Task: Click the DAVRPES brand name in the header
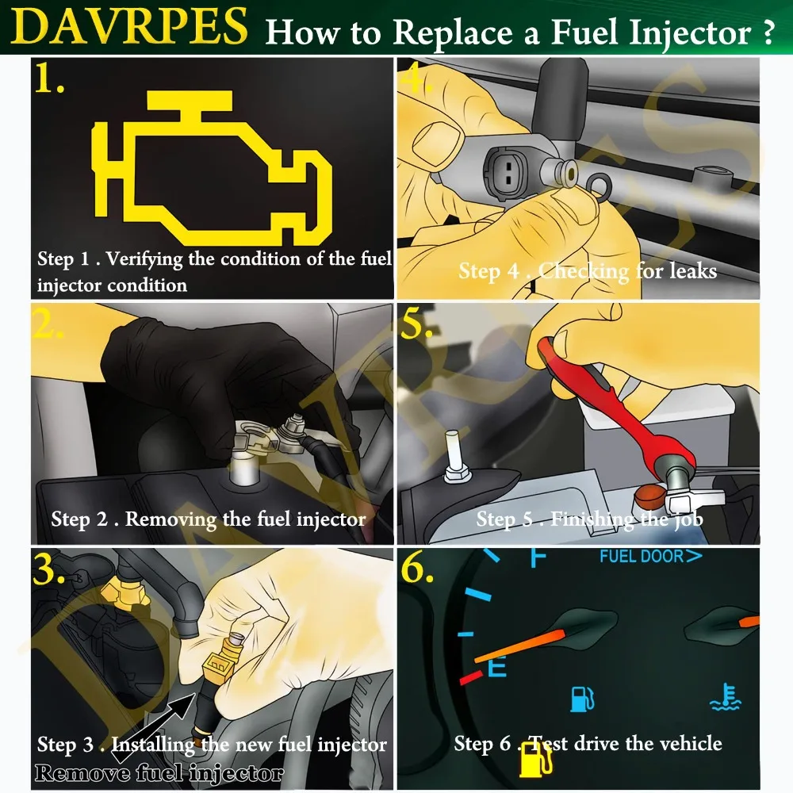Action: [x=130, y=26]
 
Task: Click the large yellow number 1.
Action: [x=49, y=79]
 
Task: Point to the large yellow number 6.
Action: [x=417, y=570]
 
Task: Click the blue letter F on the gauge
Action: [x=538, y=557]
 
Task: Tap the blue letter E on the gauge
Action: [x=496, y=668]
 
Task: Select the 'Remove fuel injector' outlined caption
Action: [x=159, y=772]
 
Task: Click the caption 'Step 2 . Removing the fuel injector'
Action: [x=209, y=519]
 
